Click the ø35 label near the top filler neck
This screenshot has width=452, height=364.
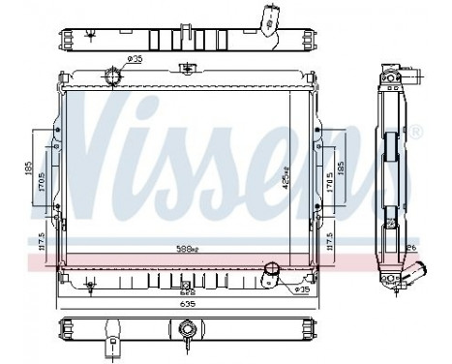[x=135, y=60]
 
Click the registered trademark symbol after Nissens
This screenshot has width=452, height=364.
[x=416, y=131]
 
